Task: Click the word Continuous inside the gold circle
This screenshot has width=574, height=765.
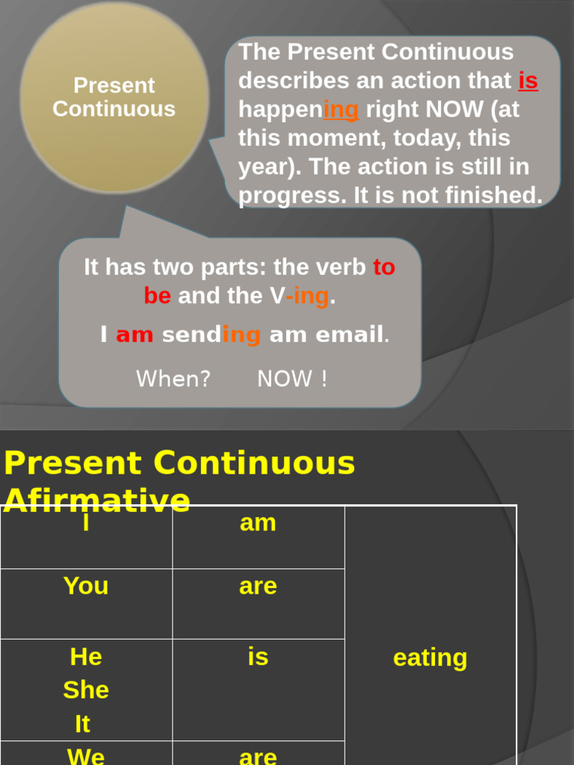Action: coord(114,109)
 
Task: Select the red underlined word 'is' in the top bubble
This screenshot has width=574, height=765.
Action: coord(528,81)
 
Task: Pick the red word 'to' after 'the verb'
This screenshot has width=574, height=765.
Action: coord(384,267)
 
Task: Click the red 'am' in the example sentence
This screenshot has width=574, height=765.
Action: coord(135,335)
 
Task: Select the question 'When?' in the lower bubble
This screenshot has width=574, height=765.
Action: coord(173,379)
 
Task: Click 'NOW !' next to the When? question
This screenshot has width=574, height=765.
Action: coord(292,379)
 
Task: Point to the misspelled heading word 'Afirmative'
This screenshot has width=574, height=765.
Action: coord(97,500)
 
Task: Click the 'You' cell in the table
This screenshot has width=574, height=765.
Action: coord(86,586)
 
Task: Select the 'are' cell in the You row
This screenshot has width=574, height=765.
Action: coord(258,586)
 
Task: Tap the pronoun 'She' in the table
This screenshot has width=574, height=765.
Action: coord(86,690)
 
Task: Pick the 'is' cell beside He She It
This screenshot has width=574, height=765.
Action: coord(258,657)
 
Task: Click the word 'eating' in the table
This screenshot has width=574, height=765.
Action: coord(430,658)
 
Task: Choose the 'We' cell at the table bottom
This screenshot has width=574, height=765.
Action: coord(86,756)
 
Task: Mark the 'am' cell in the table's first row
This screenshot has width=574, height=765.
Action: coord(258,523)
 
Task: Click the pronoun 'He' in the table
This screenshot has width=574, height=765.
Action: coord(86,657)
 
